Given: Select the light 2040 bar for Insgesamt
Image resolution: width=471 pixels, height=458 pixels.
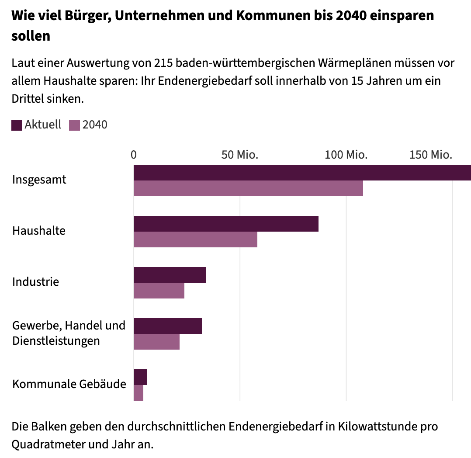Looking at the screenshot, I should [248, 188].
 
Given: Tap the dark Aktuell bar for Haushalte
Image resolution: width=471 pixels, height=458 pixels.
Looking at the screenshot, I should [226, 224].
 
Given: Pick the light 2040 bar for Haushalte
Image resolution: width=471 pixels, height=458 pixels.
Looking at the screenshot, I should [195, 239].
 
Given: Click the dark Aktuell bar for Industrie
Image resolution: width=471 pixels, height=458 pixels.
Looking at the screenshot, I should [170, 275].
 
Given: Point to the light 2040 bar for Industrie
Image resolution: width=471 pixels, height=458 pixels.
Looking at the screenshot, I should [159, 291].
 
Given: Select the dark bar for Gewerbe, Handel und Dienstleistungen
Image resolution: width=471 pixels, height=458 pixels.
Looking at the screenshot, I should [168, 326].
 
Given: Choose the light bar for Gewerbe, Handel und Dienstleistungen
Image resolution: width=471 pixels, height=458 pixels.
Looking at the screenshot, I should [156, 342].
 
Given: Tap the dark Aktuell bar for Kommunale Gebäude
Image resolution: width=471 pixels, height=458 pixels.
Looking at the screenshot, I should [140, 377].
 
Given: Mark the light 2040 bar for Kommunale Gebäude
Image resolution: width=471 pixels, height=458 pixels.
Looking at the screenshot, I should [139, 393].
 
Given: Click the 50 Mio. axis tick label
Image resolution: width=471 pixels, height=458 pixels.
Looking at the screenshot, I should [240, 155].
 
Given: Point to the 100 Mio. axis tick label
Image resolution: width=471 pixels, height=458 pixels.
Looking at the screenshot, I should [346, 155].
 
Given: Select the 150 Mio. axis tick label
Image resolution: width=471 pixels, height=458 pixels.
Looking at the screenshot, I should [430, 155].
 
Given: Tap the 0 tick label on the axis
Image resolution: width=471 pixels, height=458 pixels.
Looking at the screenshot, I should [134, 155].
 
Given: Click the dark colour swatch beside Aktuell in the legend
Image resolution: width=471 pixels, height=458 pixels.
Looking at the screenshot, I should [17, 125].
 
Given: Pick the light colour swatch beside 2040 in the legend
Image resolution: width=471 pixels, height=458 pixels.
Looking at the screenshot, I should [75, 125].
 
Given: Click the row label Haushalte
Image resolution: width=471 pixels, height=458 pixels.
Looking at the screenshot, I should [39, 230].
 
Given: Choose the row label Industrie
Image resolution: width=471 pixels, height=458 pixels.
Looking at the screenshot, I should [35, 281].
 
